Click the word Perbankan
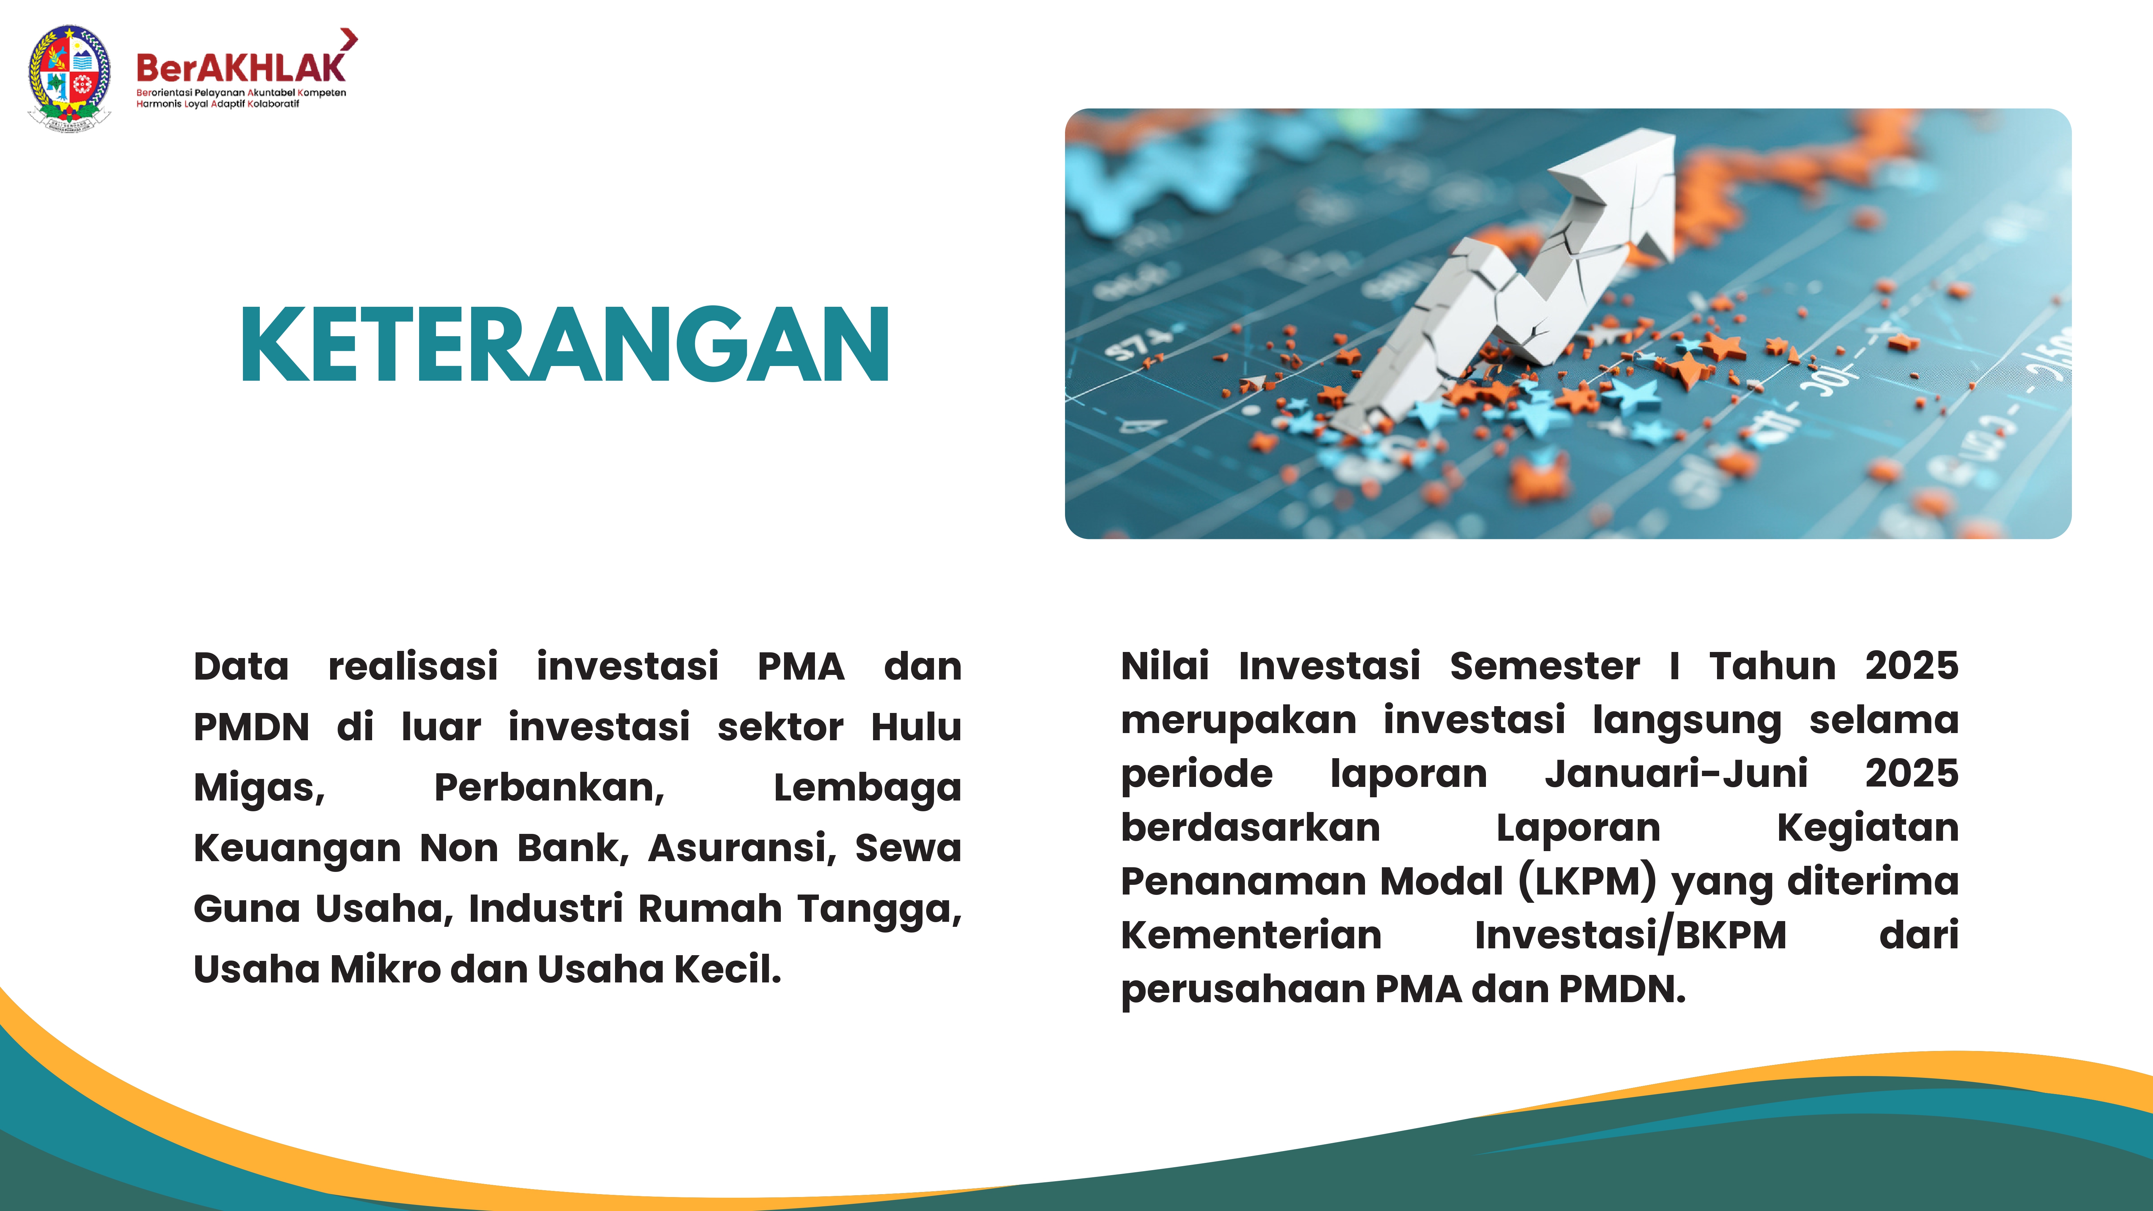click(549, 787)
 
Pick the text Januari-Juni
click(1676, 773)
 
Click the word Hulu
click(916, 727)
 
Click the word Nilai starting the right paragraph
click(1164, 666)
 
